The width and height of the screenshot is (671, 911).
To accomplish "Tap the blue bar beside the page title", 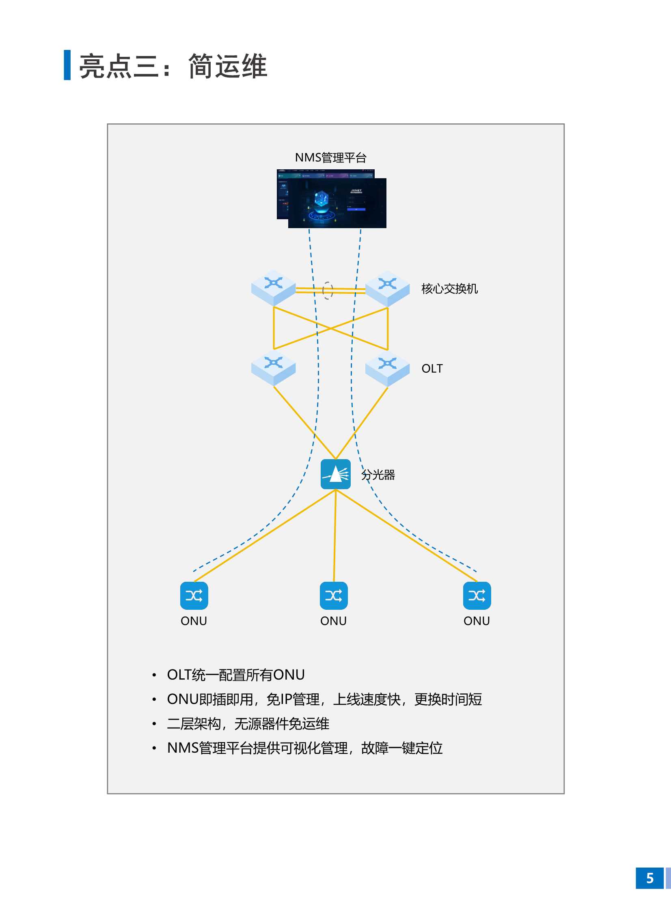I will (67, 65).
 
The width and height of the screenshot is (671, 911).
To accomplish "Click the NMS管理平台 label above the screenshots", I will (330, 158).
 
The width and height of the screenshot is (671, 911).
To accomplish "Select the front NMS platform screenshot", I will (337, 203).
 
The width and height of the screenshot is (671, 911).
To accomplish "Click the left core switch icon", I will (273, 287).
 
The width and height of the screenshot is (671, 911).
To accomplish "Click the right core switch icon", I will (388, 288).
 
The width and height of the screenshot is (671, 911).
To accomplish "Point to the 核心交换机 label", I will (449, 289).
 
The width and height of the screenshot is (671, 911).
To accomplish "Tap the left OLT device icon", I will (273, 368).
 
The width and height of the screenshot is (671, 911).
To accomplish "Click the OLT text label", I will (432, 368).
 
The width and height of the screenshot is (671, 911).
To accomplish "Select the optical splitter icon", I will (335, 474).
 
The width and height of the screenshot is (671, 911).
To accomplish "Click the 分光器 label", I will (378, 475).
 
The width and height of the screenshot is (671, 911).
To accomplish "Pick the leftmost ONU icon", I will (194, 596).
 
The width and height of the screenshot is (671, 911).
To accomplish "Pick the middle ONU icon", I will (333, 596).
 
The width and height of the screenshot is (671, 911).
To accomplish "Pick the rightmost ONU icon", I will (477, 596).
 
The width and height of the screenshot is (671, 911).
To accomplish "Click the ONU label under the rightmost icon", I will (477, 621).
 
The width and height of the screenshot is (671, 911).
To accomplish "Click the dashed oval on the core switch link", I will (327, 290).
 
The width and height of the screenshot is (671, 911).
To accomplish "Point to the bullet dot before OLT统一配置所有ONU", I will (154, 675).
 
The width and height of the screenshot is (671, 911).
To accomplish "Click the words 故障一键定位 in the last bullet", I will (402, 748).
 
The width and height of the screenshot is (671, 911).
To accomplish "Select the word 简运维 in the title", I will (228, 66).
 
